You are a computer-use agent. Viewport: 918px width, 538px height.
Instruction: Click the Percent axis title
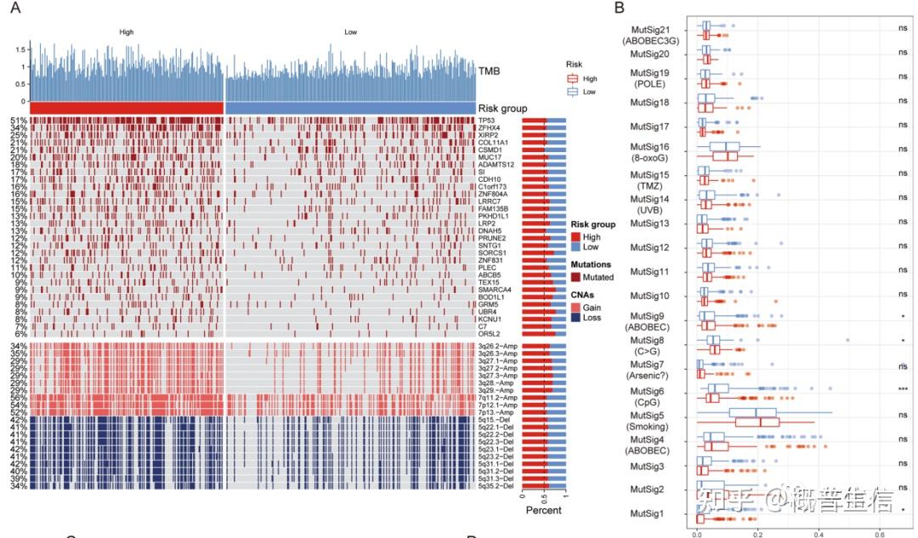543,510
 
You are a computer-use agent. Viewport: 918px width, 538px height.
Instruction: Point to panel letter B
619,8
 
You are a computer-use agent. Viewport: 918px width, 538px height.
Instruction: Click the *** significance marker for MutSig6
903,390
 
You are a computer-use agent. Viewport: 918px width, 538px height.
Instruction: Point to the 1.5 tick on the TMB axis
19,49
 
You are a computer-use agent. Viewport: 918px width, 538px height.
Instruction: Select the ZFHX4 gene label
491,127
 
